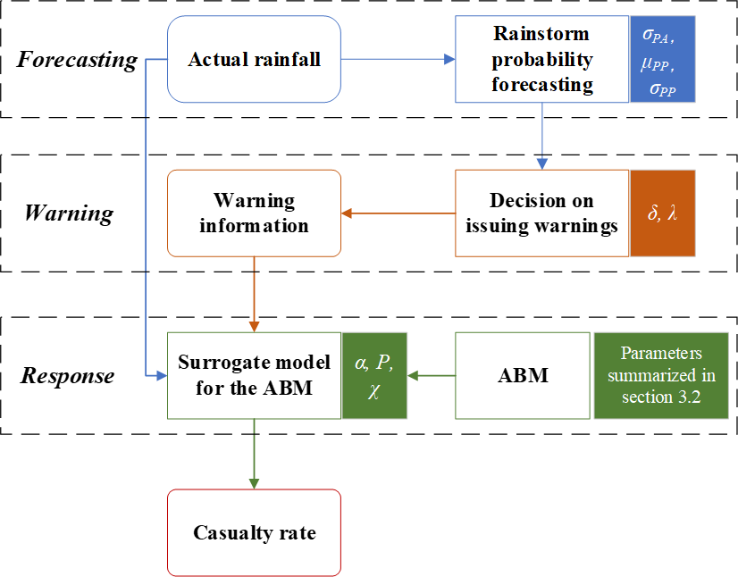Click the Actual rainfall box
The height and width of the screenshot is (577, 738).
pyautogui.click(x=254, y=60)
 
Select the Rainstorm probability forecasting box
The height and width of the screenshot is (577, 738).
pyautogui.click(x=542, y=60)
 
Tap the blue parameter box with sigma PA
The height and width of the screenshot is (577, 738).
pyautogui.click(x=662, y=60)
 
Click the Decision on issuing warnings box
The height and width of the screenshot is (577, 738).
pyautogui.click(x=542, y=213)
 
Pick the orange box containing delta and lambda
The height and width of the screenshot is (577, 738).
pyautogui.click(x=662, y=213)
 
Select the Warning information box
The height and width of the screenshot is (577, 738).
pyautogui.click(x=254, y=213)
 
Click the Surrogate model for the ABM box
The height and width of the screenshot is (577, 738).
pyautogui.click(x=254, y=375)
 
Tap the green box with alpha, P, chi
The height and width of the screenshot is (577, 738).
pyautogui.click(x=374, y=375)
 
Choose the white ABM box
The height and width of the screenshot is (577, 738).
pyautogui.click(x=523, y=375)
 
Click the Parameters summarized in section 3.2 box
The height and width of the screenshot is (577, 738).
pyautogui.click(x=662, y=375)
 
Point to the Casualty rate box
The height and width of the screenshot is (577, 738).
pyautogui.click(x=254, y=532)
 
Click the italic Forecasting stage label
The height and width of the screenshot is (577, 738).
pyautogui.click(x=78, y=61)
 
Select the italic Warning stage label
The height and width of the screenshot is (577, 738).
pyautogui.click(x=69, y=213)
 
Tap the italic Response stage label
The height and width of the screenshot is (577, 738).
pyautogui.click(x=68, y=375)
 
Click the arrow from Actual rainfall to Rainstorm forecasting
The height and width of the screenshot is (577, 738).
pyautogui.click(x=398, y=60)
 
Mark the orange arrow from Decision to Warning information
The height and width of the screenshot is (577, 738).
pyautogui.click(x=398, y=213)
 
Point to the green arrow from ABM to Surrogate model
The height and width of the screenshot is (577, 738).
pyautogui.click(x=431, y=375)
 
